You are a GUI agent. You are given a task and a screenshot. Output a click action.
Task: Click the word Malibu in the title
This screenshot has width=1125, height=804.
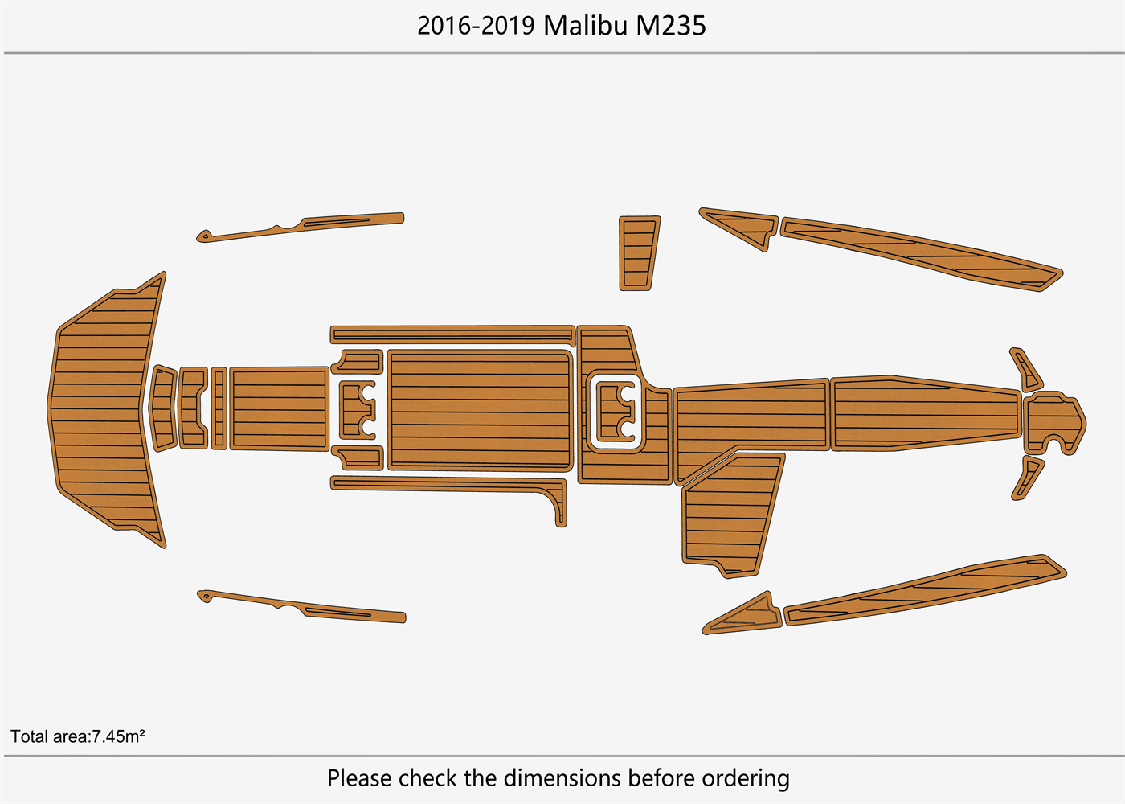[x=586, y=26]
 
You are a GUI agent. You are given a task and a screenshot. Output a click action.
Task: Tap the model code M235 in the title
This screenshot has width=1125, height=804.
[x=670, y=26]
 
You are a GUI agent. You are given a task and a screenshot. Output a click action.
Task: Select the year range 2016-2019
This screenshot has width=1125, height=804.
[x=476, y=26]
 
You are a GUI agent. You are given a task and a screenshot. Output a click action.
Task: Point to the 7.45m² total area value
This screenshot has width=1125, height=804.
[x=118, y=736]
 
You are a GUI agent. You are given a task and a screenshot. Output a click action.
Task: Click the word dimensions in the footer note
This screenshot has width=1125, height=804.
[x=562, y=778]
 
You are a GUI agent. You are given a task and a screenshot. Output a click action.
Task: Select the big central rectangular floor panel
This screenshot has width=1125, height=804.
[x=480, y=410]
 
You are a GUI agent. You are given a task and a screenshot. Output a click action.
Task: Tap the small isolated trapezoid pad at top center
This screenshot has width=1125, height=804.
[x=638, y=252]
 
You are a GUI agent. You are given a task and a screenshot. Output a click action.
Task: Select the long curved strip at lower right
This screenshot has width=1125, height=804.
[x=924, y=591]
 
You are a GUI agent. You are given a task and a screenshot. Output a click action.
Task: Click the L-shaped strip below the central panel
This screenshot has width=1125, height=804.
[x=450, y=483]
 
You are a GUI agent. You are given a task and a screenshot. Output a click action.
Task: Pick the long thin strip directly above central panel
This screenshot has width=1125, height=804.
[x=452, y=334]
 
